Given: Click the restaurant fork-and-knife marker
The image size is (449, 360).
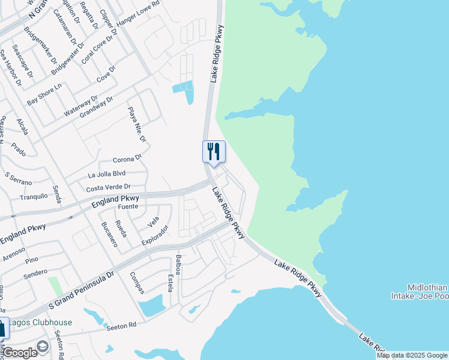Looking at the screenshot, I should (213, 151).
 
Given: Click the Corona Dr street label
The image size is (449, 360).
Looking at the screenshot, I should (127, 160).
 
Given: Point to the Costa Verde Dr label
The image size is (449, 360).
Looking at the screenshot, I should (108, 188).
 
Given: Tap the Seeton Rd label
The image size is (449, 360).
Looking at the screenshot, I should (121, 326).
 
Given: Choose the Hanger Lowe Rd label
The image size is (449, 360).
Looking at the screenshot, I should (139, 13).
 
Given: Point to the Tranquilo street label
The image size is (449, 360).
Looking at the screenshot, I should (34, 196).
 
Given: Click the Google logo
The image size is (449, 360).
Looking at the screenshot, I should (20, 352).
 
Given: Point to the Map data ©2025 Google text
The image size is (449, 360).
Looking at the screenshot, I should (412, 355).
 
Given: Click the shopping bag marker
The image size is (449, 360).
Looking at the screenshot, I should (2, 329).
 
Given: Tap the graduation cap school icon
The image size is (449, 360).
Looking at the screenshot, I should (42, 346).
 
